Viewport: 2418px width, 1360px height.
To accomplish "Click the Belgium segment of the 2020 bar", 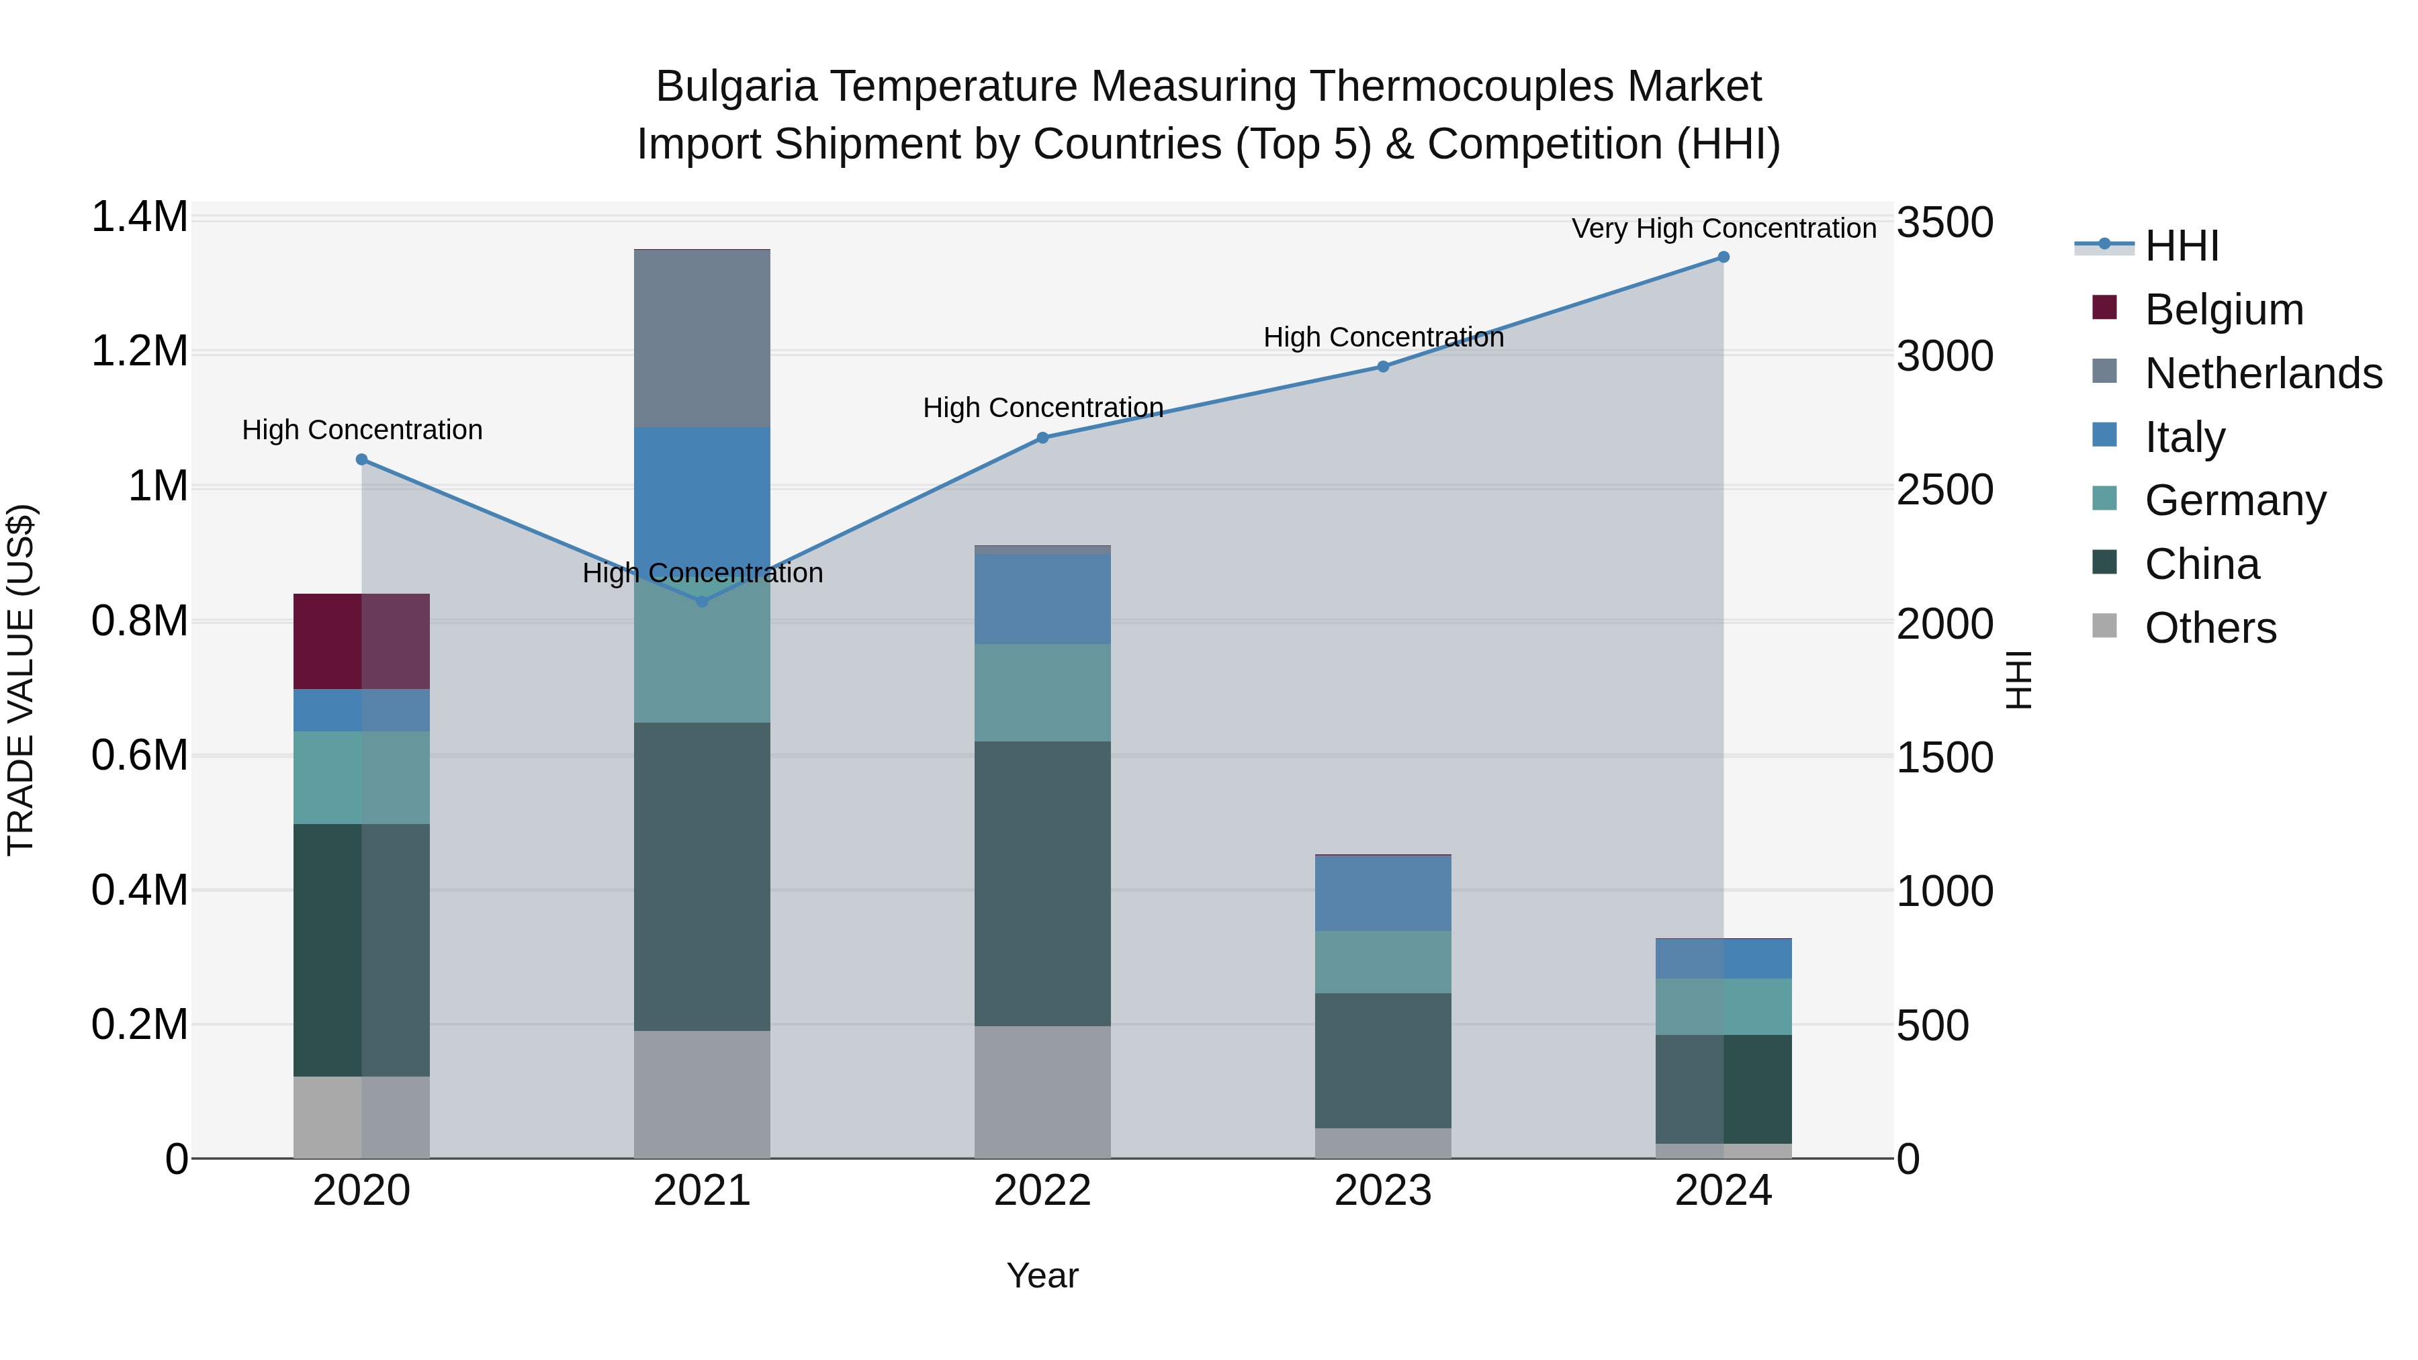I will click(361, 641).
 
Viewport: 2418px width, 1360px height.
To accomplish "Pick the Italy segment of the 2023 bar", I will click(1383, 893).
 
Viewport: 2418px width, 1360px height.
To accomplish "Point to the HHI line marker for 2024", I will click(1723, 257).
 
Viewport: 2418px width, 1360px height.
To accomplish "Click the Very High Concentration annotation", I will click(1723, 228).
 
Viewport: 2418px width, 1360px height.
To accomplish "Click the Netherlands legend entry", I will click(2262, 373).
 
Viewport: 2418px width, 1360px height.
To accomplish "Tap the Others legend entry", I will click(2210, 628).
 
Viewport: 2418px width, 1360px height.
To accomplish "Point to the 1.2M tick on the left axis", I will click(139, 352).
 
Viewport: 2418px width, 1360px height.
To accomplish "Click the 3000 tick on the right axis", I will click(1944, 357).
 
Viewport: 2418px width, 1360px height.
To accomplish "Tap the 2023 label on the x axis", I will click(1383, 1191).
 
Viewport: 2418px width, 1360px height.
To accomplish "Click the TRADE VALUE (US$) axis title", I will click(21, 680).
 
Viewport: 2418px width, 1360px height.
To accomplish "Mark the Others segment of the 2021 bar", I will click(702, 1095).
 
